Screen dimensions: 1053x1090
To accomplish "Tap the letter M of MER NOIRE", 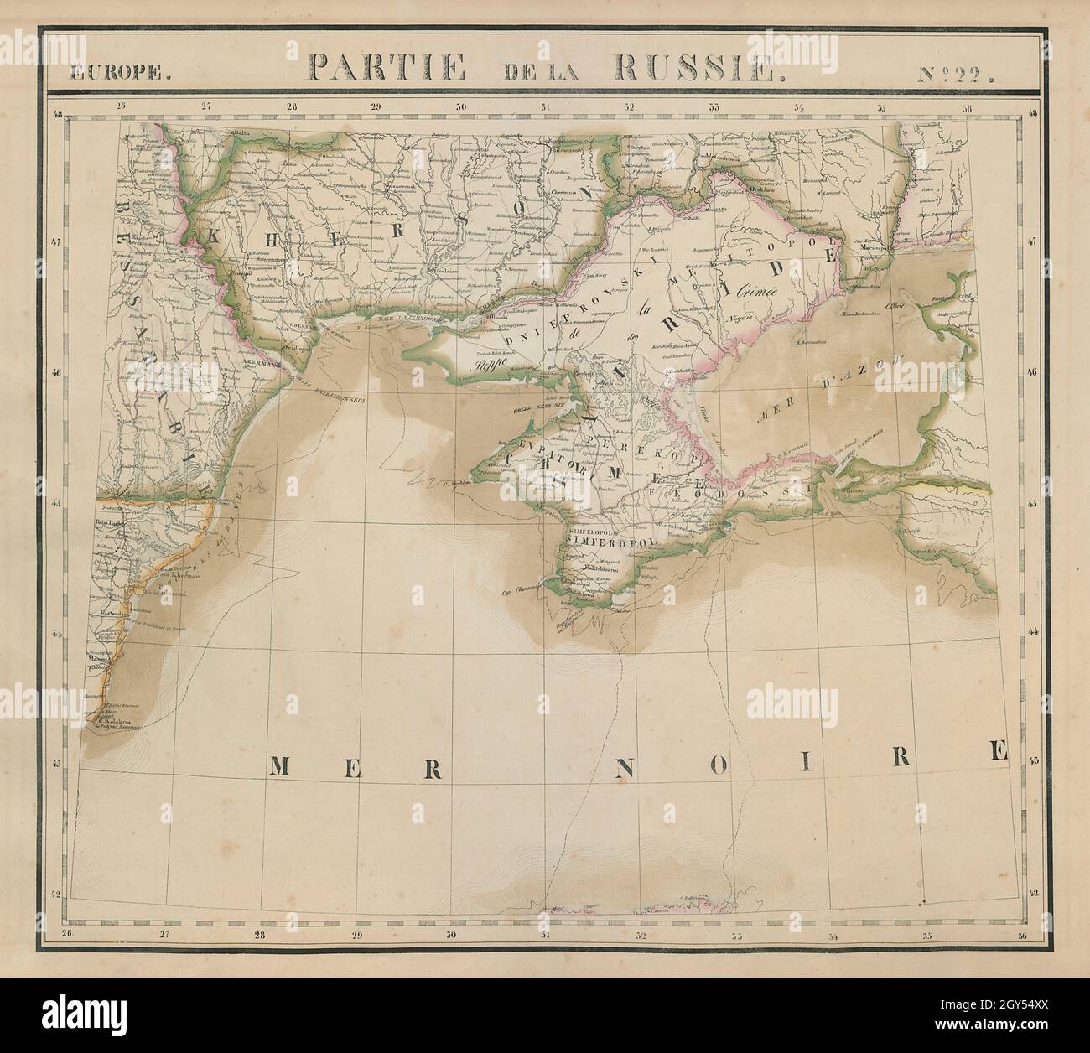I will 283,767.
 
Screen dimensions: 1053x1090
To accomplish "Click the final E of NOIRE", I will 998,751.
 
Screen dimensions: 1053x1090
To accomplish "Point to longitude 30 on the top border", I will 460,107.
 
